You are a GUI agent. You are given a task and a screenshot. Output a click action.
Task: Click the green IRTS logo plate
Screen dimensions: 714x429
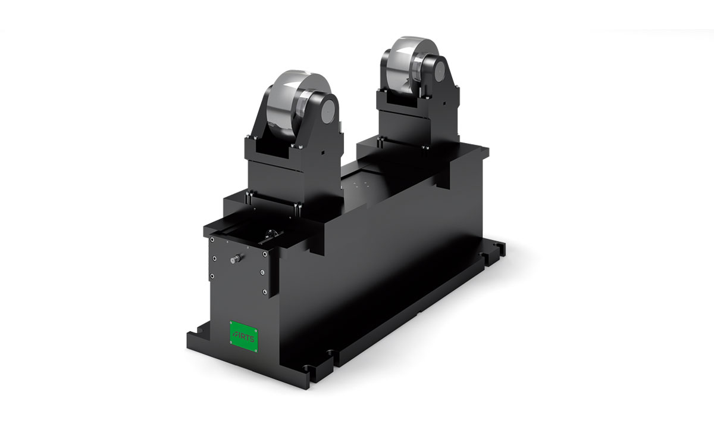[x=244, y=337]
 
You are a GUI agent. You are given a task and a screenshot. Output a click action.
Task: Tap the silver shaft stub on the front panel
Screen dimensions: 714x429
[x=236, y=259]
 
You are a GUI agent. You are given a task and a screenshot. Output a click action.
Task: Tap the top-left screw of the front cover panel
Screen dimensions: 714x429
[x=212, y=240]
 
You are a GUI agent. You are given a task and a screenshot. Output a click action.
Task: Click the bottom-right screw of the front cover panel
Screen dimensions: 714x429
[x=264, y=291]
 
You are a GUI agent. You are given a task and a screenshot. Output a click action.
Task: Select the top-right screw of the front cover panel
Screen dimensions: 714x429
[x=265, y=254]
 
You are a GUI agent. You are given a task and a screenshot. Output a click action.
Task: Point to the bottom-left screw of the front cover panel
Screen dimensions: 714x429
[x=212, y=276]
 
